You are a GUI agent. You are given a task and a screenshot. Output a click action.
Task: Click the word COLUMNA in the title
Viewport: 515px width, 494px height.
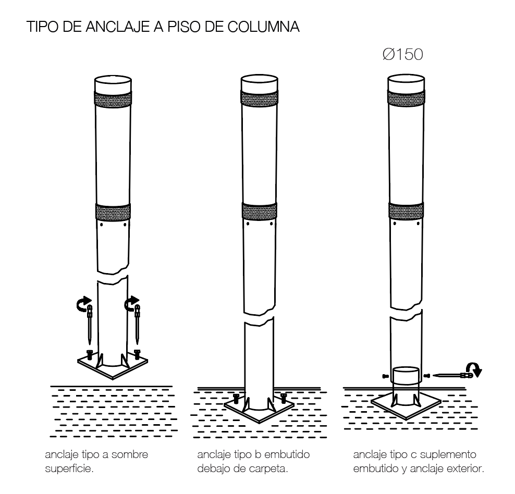pyautogui.click(x=263, y=27)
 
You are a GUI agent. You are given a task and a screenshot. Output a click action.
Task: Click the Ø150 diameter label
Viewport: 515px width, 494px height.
pyautogui.click(x=403, y=55)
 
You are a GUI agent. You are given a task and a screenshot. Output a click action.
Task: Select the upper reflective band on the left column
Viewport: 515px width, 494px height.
pyautogui.click(x=113, y=100)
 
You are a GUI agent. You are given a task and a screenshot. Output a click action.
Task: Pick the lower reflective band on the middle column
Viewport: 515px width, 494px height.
pyautogui.click(x=260, y=211)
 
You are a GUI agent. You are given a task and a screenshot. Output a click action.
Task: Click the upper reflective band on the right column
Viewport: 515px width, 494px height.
pyautogui.click(x=406, y=98)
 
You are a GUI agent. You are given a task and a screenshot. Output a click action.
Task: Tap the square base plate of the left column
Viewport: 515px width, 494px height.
pyautogui.click(x=113, y=365)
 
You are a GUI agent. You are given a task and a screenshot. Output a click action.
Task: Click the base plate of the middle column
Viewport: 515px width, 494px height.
pyautogui.click(x=259, y=409)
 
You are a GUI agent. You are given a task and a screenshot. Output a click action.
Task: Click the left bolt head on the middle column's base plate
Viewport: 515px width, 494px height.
pyautogui.click(x=236, y=399)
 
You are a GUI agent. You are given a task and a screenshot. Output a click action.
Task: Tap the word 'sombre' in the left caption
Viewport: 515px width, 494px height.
pyautogui.click(x=130, y=454)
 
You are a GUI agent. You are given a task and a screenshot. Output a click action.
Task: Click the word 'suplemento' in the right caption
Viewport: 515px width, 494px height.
pyautogui.click(x=448, y=455)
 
